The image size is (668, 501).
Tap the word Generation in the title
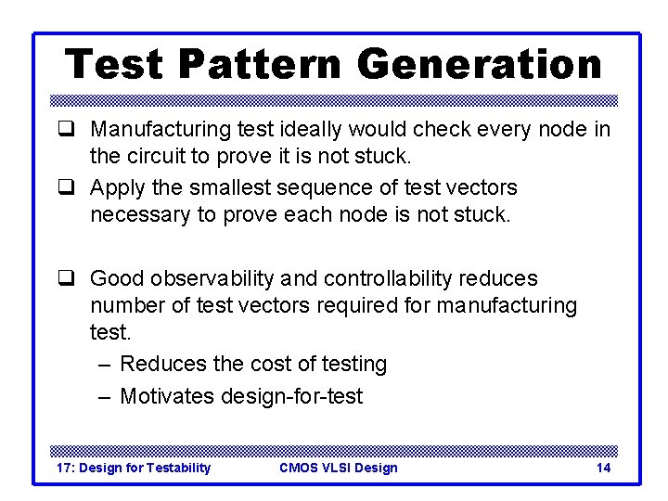[x=479, y=66]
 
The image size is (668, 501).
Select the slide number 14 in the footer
[x=603, y=468]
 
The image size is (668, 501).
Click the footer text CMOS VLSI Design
[x=338, y=468]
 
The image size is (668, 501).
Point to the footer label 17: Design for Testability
[x=134, y=468]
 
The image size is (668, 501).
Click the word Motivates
[x=167, y=396]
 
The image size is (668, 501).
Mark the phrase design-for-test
[x=292, y=396]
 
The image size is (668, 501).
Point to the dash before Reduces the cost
[x=105, y=364]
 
